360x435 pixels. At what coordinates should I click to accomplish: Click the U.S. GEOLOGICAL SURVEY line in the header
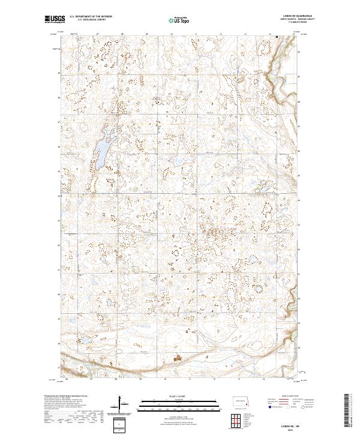(x=90, y=21)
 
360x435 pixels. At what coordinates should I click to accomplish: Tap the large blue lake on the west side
(x=103, y=146)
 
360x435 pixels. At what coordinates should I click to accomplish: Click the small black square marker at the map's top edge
(x=277, y=37)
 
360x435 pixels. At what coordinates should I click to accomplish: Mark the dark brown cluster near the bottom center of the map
(x=178, y=359)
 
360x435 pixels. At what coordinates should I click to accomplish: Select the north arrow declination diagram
(x=124, y=406)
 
